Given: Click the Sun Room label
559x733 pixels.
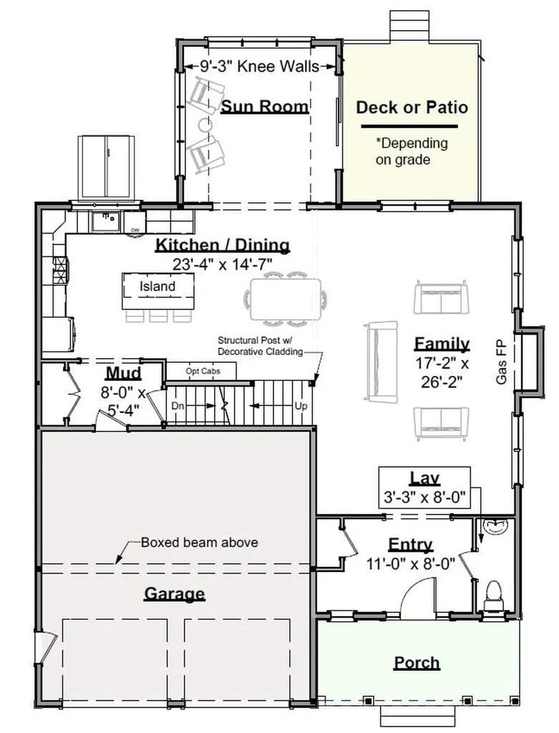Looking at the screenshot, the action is click(265, 107).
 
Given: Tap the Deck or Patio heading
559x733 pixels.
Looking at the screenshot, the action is click(412, 107).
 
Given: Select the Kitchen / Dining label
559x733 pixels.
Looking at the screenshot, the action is click(223, 245).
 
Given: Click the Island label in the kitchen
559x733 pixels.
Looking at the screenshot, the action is click(157, 286).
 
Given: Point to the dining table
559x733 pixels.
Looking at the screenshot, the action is click(286, 299).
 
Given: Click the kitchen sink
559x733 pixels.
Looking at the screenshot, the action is click(106, 221).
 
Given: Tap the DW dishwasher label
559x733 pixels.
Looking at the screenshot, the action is click(135, 230).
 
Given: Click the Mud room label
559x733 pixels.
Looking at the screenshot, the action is click(123, 373).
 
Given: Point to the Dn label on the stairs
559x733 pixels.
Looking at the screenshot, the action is click(178, 406).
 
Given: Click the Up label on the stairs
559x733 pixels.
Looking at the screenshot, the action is click(301, 406).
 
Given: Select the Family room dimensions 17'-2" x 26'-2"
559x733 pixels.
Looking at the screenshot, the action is click(442, 372).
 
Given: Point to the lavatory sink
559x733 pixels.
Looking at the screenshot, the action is click(495, 527).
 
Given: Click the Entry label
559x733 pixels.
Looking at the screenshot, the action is click(410, 545).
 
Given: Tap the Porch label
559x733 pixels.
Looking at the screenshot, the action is click(417, 663).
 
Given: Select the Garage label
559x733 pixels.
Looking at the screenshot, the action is click(175, 593).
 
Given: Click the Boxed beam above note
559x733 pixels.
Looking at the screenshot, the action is click(200, 543).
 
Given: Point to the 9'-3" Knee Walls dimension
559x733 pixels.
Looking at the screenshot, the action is click(259, 67).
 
